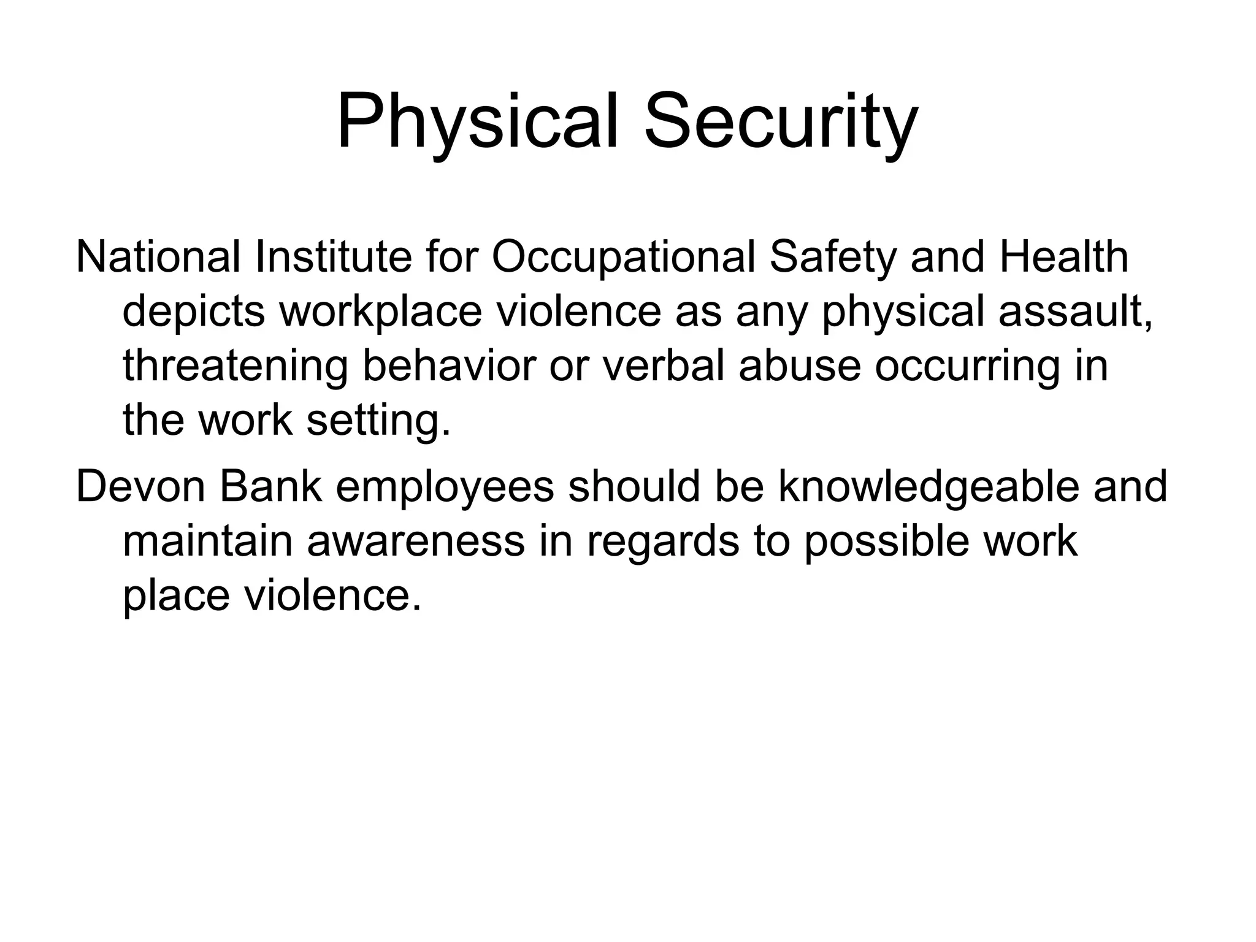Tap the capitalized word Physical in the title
coord(478,123)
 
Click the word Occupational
coord(623,258)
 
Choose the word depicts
coord(194,312)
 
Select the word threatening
coord(235,367)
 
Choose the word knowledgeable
coord(929,488)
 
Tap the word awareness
coord(416,542)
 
